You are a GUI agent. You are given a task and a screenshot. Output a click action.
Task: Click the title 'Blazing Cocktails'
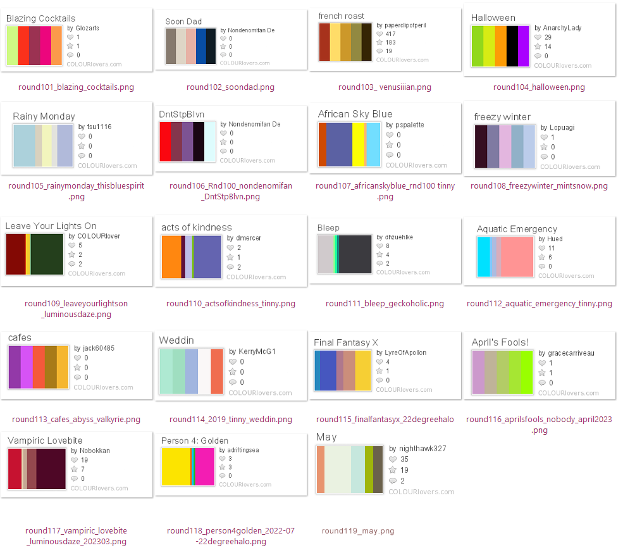(x=40, y=18)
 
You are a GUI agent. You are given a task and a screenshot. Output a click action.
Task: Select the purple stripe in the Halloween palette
(x=523, y=46)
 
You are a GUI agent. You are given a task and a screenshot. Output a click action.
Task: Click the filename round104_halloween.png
(x=539, y=87)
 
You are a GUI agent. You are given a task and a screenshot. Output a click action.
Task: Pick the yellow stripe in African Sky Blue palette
(x=358, y=144)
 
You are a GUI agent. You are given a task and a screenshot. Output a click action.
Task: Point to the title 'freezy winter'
(x=502, y=117)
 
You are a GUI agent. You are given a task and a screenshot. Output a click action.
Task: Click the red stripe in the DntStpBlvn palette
(x=165, y=145)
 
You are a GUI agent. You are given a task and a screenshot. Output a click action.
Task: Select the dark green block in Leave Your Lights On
(x=47, y=254)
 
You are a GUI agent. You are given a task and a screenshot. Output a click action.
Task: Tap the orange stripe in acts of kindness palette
(x=171, y=256)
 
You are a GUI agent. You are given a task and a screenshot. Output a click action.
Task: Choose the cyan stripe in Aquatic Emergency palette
(x=483, y=256)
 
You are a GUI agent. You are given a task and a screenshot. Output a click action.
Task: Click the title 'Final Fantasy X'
(x=345, y=342)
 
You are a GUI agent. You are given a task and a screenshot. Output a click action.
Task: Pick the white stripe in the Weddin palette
(x=205, y=371)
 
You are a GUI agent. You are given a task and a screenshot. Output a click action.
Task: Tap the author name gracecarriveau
(x=571, y=353)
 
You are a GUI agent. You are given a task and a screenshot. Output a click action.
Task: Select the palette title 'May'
(x=326, y=437)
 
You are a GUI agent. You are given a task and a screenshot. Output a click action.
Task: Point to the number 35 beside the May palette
(x=404, y=459)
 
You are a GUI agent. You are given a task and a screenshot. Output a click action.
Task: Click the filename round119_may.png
(x=357, y=531)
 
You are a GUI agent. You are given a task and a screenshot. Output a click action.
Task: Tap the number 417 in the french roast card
(x=390, y=34)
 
